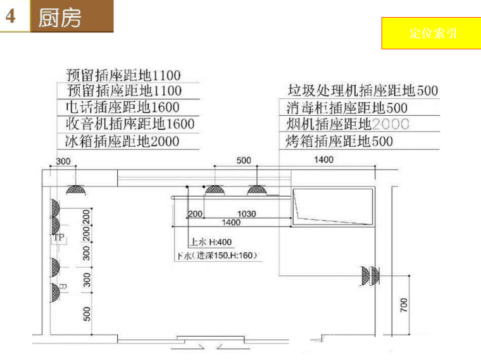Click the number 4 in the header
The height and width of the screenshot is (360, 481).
tap(11, 16)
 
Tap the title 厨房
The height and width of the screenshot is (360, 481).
tap(60, 17)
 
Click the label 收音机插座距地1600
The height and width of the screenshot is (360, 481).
tap(130, 124)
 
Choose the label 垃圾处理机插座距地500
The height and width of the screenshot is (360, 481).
tap(363, 91)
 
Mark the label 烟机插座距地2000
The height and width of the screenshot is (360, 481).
tap(347, 124)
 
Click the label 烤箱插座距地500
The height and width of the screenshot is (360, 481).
tap(339, 141)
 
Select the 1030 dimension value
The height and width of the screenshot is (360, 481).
tap(246, 214)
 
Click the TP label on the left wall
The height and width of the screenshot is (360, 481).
tap(59, 238)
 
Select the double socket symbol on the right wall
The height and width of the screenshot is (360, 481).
tap(369, 275)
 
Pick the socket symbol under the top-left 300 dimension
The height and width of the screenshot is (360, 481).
tap(77, 189)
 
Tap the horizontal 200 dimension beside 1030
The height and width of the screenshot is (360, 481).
tap(195, 214)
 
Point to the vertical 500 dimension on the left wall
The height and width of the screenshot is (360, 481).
tap(87, 313)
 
